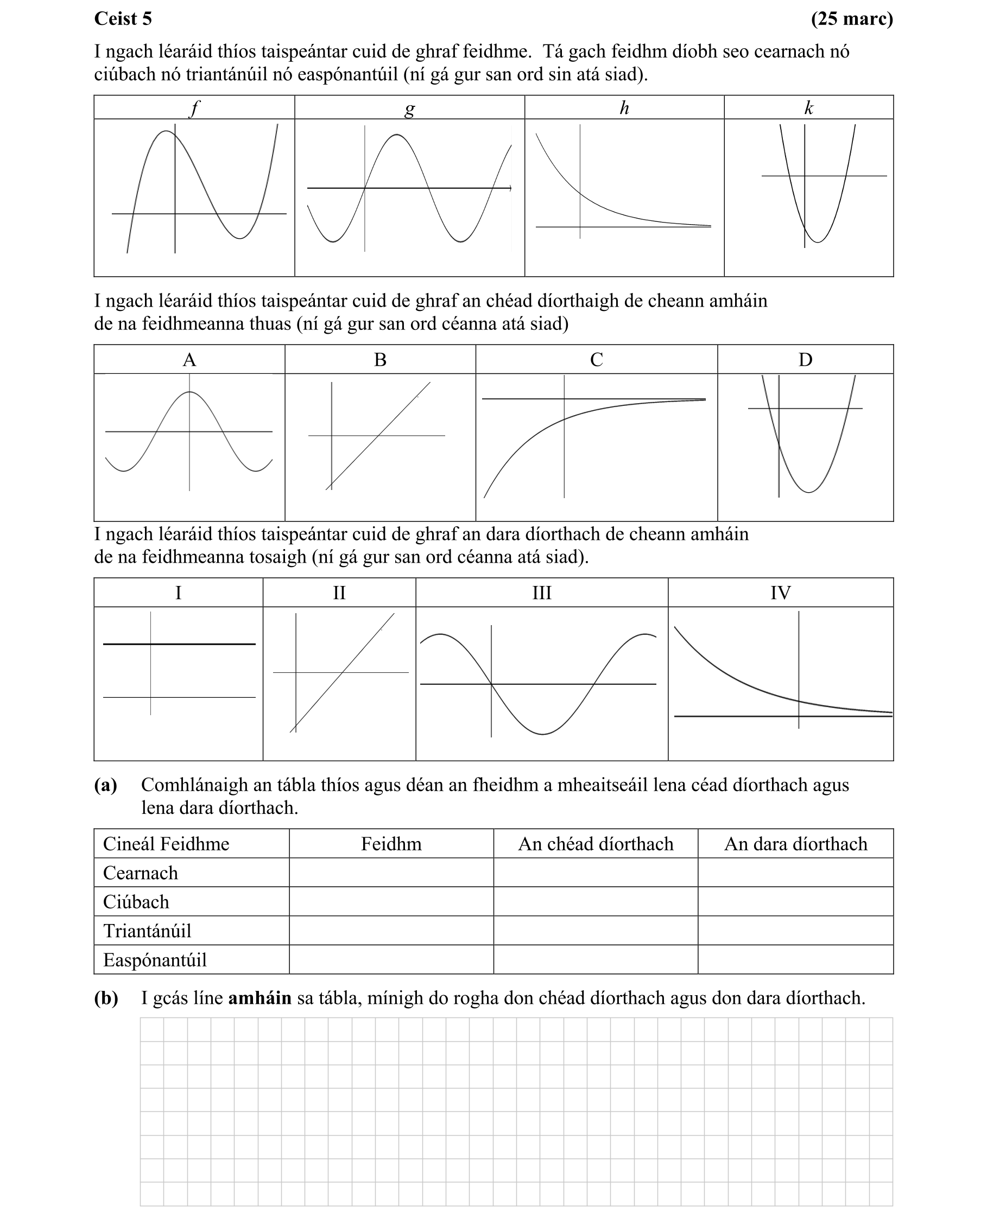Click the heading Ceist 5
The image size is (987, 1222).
pyautogui.click(x=123, y=19)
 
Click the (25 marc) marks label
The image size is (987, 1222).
pyautogui.click(x=852, y=19)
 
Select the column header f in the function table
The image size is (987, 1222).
pyautogui.click(x=194, y=107)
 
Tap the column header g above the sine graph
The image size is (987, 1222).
pyautogui.click(x=409, y=107)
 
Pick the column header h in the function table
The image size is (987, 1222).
pyautogui.click(x=624, y=107)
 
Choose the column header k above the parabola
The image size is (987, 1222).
pyautogui.click(x=808, y=107)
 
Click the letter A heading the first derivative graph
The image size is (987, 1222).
pyautogui.click(x=189, y=360)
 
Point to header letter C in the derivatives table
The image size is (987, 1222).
pyautogui.click(x=597, y=360)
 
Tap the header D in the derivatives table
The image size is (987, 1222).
pyautogui.click(x=805, y=360)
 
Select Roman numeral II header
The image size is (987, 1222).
pyautogui.click(x=339, y=593)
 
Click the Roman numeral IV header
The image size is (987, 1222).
pyautogui.click(x=780, y=593)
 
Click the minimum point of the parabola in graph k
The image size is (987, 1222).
pyautogui.click(x=818, y=243)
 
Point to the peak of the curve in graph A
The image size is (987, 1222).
pyautogui.click(x=189, y=392)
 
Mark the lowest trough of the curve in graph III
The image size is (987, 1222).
pyautogui.click(x=542, y=734)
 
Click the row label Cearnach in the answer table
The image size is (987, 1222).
pyautogui.click(x=141, y=873)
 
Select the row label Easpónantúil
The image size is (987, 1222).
pyautogui.click(x=155, y=959)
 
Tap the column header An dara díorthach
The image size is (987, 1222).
pyautogui.click(x=795, y=844)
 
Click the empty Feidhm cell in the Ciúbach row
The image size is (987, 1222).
pyautogui.click(x=391, y=902)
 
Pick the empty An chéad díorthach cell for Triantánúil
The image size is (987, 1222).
pyautogui.click(x=595, y=931)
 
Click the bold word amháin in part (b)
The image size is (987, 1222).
pyautogui.click(x=260, y=997)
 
